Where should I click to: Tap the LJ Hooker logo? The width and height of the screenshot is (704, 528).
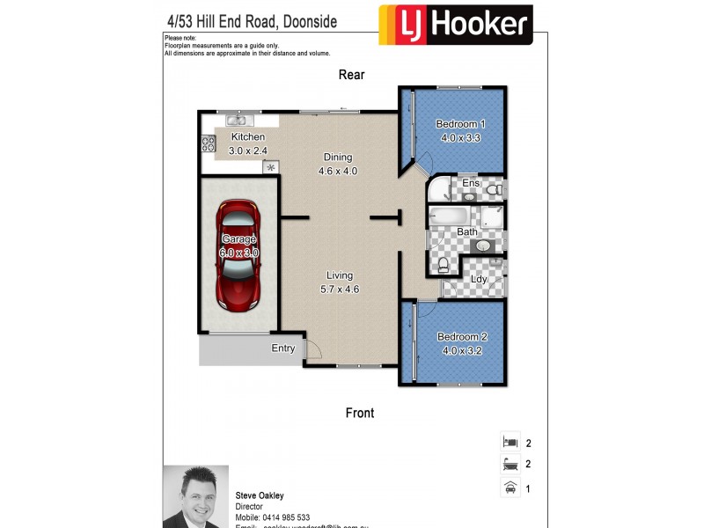pos(455,25)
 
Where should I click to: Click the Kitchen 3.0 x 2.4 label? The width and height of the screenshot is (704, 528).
pos(247,143)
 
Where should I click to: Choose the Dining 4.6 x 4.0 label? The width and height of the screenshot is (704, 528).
pos(338,165)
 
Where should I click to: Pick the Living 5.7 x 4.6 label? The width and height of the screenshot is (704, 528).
pos(340,282)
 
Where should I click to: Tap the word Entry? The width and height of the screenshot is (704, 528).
pos(283,348)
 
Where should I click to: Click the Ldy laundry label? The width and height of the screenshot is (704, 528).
pos(479,280)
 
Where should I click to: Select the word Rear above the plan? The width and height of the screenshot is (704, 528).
pos(351,75)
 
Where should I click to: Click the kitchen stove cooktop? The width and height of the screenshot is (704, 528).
pos(208,143)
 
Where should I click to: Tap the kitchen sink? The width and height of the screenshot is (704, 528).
pos(237,121)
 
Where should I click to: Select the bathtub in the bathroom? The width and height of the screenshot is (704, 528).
pos(451,216)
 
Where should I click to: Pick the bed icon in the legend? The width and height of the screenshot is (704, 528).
pos(508,443)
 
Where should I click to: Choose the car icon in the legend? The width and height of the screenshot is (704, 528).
pos(508,487)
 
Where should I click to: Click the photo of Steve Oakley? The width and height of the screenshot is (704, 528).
pos(195,496)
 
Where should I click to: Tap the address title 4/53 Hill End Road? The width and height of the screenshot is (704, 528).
pos(252,20)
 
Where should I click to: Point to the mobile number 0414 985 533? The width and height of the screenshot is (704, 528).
pos(285,517)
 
